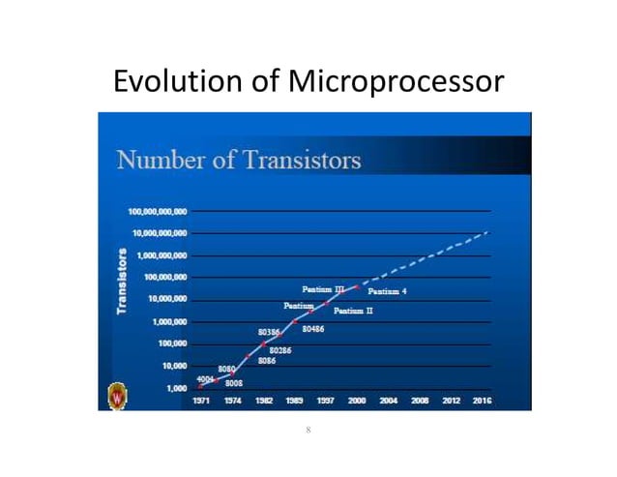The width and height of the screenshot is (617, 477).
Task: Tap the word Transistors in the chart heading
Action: (301, 160)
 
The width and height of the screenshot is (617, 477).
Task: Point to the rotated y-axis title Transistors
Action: (122, 280)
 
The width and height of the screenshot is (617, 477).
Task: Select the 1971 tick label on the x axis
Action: (201, 400)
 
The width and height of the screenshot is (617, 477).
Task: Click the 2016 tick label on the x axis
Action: (482, 400)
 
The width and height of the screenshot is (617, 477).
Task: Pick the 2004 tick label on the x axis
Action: (389, 400)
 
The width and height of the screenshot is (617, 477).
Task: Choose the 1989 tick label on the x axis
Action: (294, 400)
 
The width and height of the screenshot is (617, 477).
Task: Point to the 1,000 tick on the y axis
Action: (175, 388)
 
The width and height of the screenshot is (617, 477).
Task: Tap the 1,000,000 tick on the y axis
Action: (168, 321)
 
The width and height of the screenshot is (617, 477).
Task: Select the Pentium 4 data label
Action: (388, 291)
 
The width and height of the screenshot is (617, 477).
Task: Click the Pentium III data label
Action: (324, 288)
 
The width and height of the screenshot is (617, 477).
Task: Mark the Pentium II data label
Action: (353, 312)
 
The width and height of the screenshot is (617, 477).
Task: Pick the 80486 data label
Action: (312, 330)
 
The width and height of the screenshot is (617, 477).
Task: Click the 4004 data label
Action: (205, 378)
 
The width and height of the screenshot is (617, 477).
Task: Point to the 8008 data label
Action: (233, 384)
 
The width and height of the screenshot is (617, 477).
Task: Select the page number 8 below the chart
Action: (308, 429)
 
